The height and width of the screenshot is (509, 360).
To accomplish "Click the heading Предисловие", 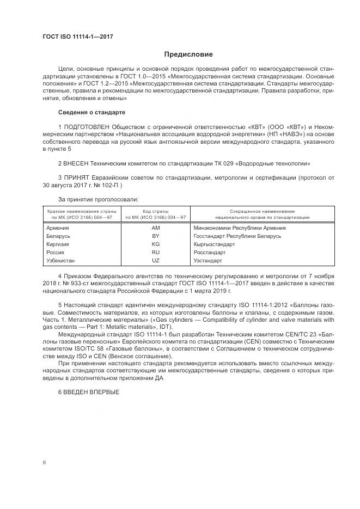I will [189, 54].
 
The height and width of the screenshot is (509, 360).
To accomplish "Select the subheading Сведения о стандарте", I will [91, 113].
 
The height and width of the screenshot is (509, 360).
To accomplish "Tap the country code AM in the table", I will [155, 228].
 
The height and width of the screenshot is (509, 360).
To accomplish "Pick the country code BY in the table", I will [155, 236].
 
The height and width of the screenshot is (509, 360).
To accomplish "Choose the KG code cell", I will [155, 244].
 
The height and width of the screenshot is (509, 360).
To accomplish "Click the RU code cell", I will [155, 253].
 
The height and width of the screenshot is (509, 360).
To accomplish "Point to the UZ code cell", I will [155, 261].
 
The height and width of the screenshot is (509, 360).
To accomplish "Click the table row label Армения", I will [58, 228].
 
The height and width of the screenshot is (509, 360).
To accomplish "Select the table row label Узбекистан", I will [62, 261].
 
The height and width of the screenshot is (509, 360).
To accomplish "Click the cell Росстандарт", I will [211, 253].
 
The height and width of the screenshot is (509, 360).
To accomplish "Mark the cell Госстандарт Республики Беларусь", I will [237, 236].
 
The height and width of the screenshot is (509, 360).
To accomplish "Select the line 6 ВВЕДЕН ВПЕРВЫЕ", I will [88, 393].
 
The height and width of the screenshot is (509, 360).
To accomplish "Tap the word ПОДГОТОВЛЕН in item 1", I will [88, 127].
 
